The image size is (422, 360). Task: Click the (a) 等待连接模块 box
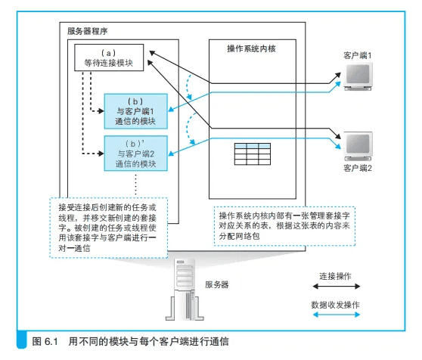point(109,57)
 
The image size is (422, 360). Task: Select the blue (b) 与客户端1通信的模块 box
point(135,111)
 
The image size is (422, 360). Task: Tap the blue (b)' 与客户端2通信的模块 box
point(135,154)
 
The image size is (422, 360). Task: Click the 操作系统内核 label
point(251,48)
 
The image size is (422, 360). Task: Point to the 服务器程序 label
point(88,31)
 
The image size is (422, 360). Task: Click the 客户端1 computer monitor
point(358,76)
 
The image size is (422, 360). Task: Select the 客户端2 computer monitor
point(358,147)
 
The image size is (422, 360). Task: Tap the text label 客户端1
point(358,55)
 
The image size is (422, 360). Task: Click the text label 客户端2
point(358,168)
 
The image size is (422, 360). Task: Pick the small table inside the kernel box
point(253,154)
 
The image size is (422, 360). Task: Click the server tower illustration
point(185,290)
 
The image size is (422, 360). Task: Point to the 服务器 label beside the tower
point(216,284)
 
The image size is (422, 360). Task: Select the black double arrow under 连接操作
point(337,287)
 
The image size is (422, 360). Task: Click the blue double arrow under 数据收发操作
point(337,315)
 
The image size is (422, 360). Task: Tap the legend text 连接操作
point(335,276)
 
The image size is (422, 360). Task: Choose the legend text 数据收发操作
point(335,305)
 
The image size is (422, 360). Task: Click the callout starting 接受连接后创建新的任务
point(109,228)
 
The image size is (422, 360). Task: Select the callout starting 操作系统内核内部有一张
point(284,226)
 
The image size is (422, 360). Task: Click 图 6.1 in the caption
point(45,341)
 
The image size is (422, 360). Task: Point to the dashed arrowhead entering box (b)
point(101,111)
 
